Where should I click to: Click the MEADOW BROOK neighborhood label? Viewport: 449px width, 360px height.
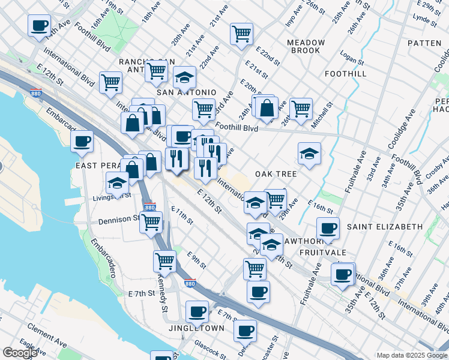[306, 47]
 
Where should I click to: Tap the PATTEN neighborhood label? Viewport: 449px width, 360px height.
[424, 43]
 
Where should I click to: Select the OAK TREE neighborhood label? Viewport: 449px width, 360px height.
[276, 174]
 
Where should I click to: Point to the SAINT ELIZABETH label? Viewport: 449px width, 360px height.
[385, 227]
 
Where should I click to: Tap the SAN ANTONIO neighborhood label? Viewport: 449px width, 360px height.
[185, 92]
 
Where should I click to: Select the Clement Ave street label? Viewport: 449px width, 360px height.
[46, 335]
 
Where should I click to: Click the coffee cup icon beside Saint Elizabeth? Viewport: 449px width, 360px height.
[328, 228]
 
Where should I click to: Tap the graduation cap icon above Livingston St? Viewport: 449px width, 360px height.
[118, 182]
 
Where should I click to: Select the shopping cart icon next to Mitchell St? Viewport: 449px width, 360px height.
[301, 109]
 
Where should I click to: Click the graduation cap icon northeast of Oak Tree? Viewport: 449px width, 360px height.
[310, 153]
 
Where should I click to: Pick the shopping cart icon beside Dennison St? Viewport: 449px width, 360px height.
[151, 222]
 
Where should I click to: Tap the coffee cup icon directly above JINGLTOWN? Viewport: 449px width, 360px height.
[197, 311]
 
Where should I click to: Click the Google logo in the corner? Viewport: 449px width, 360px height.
[20, 353]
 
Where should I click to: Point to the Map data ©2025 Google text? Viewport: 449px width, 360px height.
[412, 355]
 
